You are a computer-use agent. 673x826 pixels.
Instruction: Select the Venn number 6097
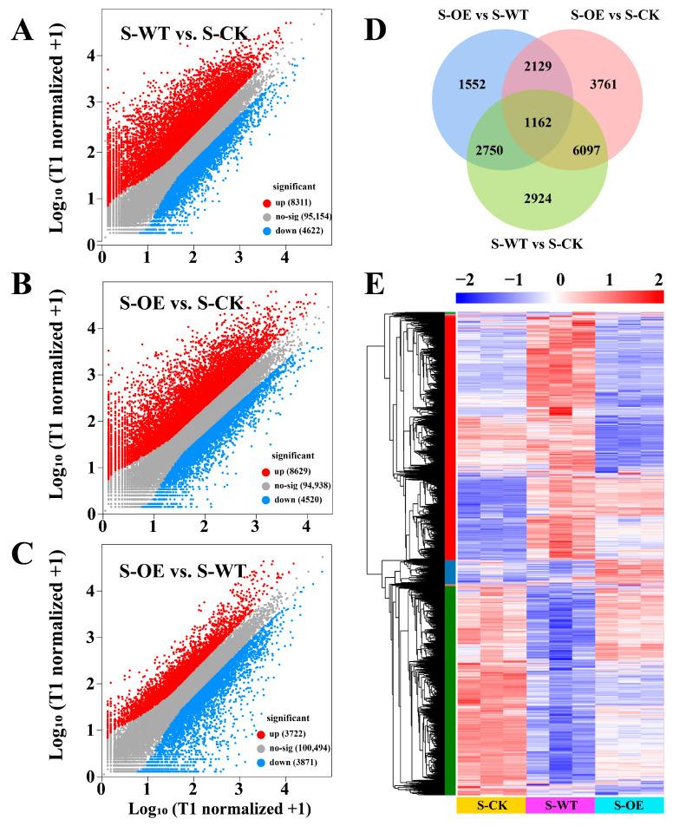tap(569, 150)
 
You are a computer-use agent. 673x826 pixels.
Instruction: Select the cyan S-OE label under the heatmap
tap(629, 805)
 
